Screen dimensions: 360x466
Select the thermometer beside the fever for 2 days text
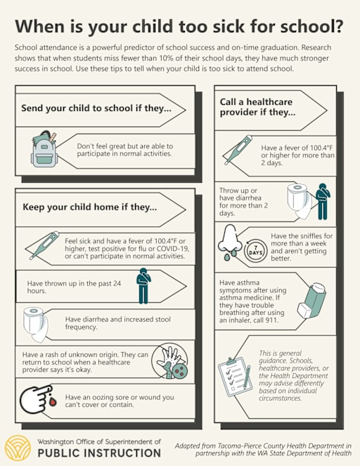(x=238, y=150)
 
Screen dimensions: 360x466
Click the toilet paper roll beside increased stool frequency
(x=35, y=325)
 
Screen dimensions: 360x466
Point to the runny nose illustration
(x=230, y=242)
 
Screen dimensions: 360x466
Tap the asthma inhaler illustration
(x=312, y=300)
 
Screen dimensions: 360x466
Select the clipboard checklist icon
(x=236, y=377)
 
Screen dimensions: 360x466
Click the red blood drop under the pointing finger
(x=53, y=403)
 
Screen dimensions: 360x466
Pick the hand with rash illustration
(x=170, y=363)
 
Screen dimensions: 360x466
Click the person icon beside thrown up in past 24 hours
(x=143, y=286)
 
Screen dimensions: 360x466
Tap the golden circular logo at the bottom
(x=18, y=448)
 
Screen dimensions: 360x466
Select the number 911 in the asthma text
(x=272, y=320)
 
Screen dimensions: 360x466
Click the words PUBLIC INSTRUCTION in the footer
(x=100, y=453)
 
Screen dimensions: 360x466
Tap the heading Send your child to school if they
(x=96, y=108)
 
